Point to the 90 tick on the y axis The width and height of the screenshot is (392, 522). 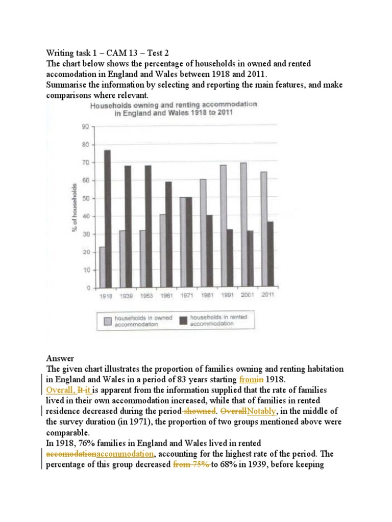click(86, 127)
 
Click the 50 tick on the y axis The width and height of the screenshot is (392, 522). click(86, 198)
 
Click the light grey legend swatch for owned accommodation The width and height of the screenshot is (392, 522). click(108, 321)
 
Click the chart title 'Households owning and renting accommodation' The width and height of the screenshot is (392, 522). click(174, 105)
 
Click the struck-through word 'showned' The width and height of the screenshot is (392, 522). click(200, 411)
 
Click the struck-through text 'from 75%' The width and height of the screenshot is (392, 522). click(189, 465)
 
